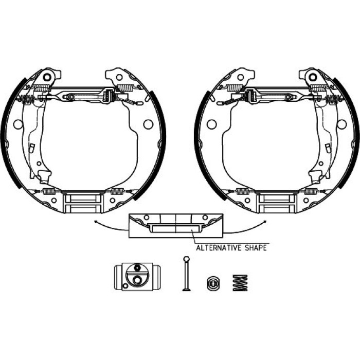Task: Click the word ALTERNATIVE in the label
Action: tap(219, 248)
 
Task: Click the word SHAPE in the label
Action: tap(256, 248)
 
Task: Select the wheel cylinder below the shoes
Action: tap(137, 277)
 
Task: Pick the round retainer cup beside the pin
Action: tap(212, 283)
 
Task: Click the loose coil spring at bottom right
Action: tap(240, 283)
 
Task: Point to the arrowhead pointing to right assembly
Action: tap(265, 222)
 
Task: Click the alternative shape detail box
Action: tap(176, 226)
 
